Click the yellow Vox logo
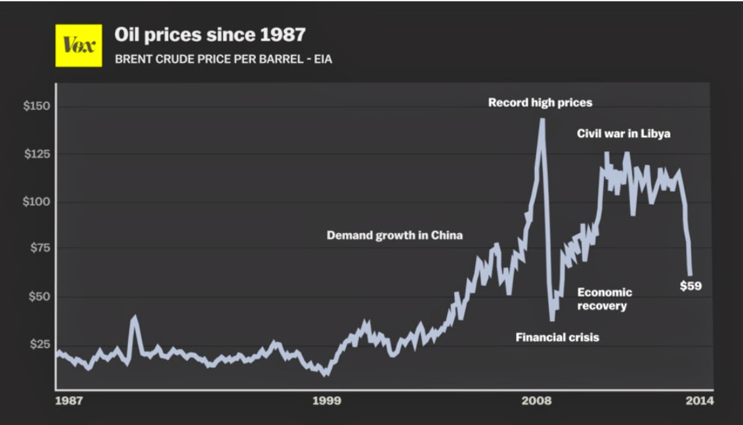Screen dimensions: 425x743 point(78,45)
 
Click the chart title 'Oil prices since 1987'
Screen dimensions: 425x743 point(210,35)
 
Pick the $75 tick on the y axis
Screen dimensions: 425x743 point(39,249)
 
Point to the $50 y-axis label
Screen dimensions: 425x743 point(39,297)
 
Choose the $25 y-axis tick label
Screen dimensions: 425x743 point(39,344)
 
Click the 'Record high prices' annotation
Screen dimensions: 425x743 point(540,102)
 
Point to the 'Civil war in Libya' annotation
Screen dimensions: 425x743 point(624,134)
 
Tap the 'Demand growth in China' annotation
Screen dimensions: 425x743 point(394,235)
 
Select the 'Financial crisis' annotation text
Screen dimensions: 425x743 point(557,338)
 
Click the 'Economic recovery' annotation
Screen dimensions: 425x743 point(605,299)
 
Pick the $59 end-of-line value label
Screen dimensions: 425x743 point(690,286)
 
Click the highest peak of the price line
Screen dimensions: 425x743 point(542,120)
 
